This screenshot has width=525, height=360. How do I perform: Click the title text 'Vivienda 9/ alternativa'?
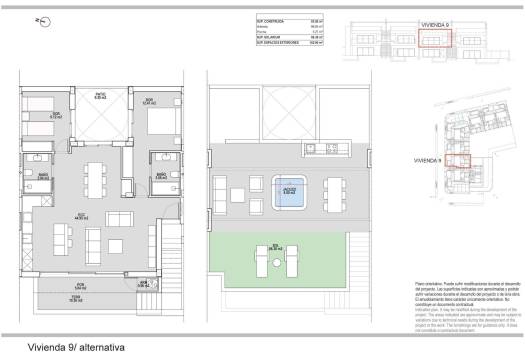click(x=70, y=346)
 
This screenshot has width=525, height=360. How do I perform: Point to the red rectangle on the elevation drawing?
click(x=435, y=38)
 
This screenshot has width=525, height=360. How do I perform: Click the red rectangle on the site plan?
click(x=457, y=160)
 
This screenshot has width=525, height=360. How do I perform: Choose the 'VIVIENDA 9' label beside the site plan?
click(x=427, y=158)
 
